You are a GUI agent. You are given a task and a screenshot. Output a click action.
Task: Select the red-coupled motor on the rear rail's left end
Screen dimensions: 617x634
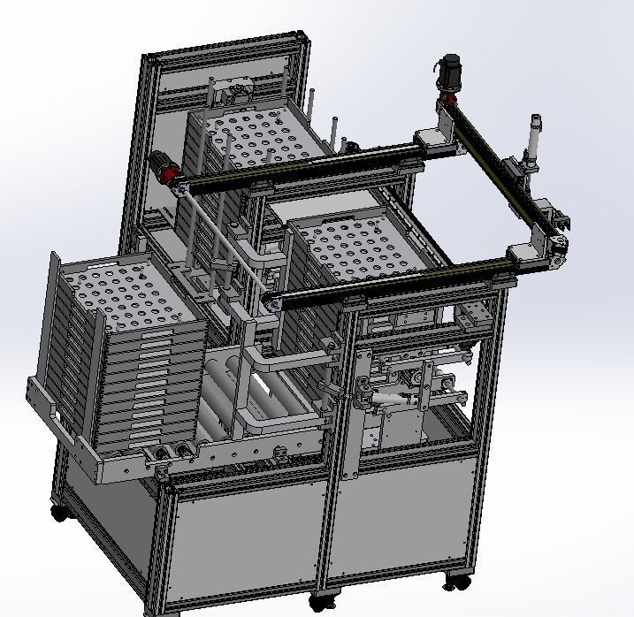(x=163, y=165)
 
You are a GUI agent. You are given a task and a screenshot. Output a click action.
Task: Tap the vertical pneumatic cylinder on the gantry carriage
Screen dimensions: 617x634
(x=534, y=140)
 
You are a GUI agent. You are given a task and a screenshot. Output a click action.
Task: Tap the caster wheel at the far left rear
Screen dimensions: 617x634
(x=58, y=511)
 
